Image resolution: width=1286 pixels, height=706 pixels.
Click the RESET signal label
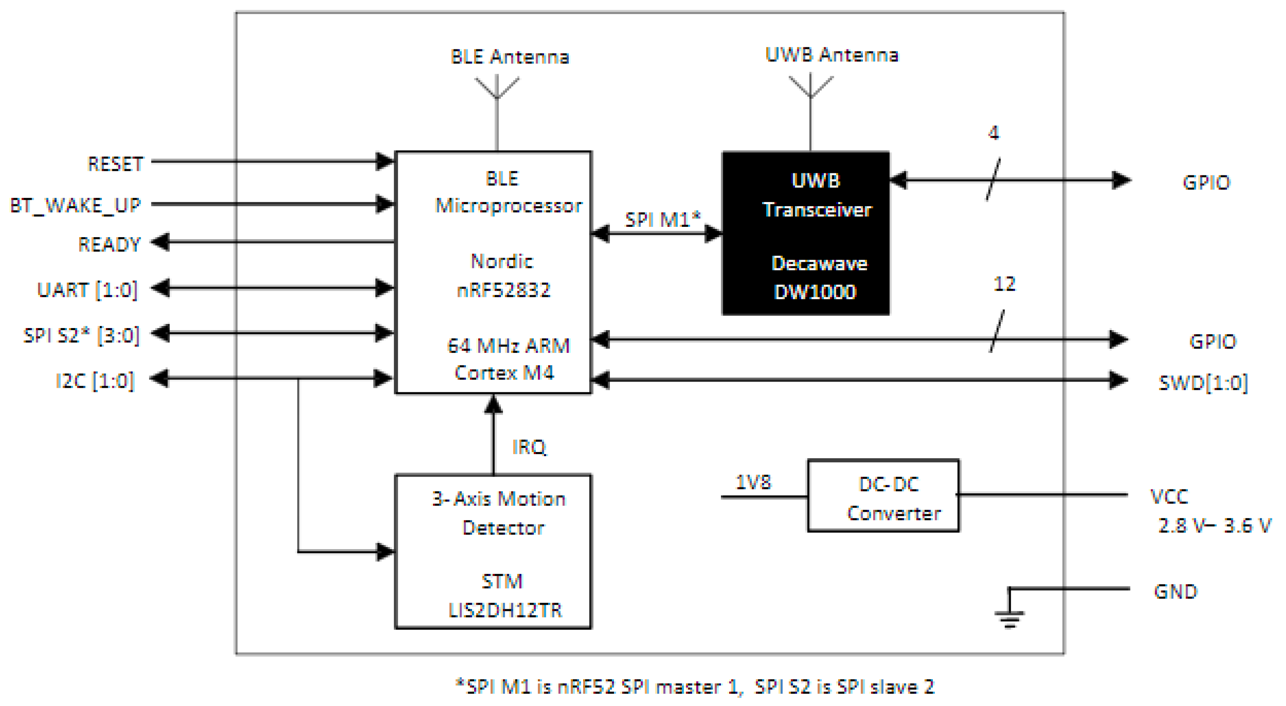pos(115,164)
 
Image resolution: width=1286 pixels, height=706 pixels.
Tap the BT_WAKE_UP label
pos(75,205)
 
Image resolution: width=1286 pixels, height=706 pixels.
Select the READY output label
pos(109,244)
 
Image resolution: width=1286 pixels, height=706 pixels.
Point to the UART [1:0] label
pos(87,289)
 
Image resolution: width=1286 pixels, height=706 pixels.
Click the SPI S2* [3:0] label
pos(81,335)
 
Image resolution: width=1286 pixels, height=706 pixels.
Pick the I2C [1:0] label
pos(95,380)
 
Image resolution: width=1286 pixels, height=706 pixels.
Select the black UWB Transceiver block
pos(805,233)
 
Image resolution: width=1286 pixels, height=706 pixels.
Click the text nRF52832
pos(503,290)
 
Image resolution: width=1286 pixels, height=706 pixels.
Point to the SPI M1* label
pos(663,219)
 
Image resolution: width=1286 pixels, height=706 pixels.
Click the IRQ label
pos(529,447)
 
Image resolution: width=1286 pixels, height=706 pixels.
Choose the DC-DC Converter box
pos(883,496)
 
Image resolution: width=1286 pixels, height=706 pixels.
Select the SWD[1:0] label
pos(1202,383)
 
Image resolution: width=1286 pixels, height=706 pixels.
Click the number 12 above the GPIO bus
pos(1004,284)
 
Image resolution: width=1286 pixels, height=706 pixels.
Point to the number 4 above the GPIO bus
pos(993,133)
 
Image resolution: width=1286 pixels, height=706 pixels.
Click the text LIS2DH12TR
pos(505,610)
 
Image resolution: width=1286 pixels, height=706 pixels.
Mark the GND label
pos(1175,592)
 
